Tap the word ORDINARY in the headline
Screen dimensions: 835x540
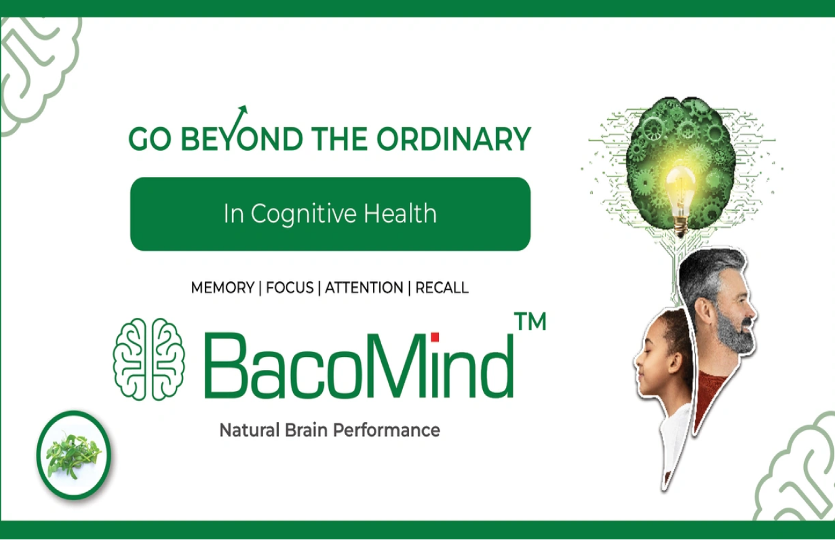454,138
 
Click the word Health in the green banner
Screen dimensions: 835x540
400,213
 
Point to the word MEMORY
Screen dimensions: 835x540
222,288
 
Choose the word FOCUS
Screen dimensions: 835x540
290,288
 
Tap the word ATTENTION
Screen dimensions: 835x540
364,288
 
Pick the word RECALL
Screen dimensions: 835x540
442,288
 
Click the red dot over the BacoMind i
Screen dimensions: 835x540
435,337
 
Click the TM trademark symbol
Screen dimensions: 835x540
530,322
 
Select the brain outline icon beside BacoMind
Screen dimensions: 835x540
149,359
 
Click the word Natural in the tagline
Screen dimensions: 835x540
250,430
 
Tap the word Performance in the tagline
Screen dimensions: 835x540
387,430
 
